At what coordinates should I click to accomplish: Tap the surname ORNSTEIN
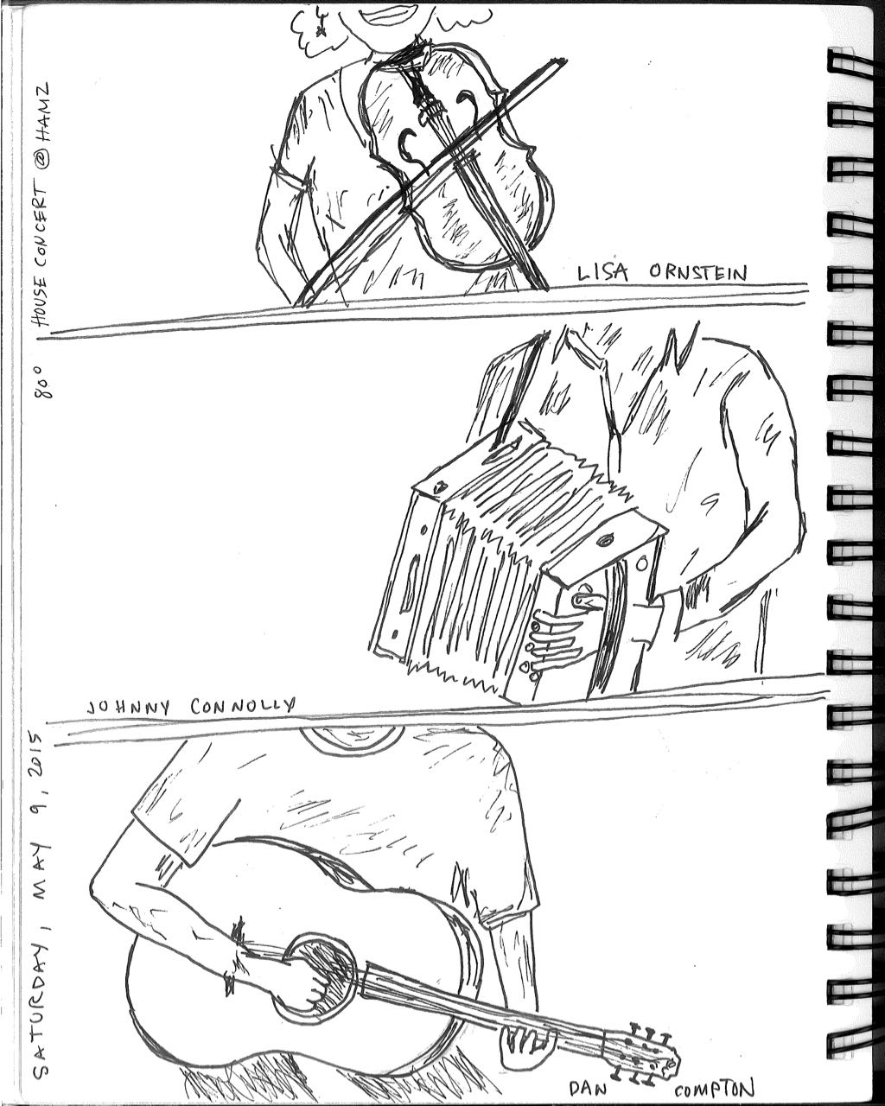(697, 273)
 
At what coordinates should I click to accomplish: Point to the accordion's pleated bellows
(501, 553)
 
